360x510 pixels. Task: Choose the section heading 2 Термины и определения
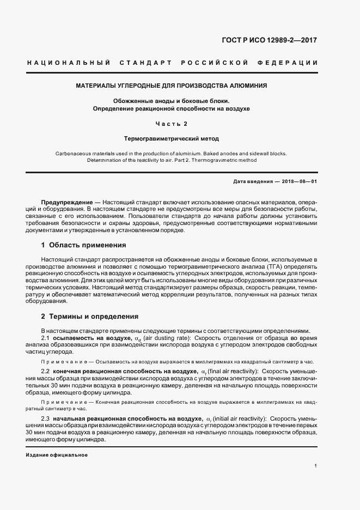point(90,316)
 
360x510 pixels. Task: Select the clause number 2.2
point(46,371)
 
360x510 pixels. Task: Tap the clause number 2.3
point(46,418)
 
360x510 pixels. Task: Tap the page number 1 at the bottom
point(315,466)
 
